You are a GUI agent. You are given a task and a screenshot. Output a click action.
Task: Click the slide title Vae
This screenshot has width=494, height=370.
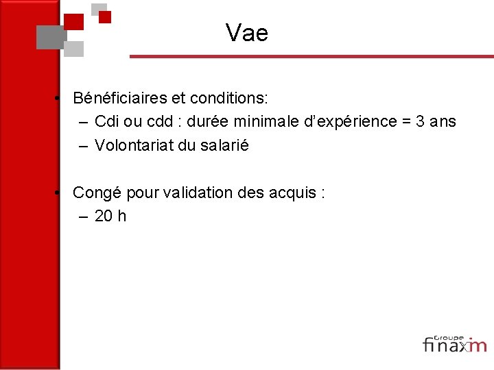tap(246, 32)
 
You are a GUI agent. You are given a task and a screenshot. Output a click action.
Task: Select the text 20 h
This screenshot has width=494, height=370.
tap(110, 217)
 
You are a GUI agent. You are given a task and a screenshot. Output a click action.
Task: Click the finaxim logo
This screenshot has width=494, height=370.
tap(454, 345)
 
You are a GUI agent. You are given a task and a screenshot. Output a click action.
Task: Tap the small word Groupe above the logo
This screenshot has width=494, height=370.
tap(449, 336)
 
